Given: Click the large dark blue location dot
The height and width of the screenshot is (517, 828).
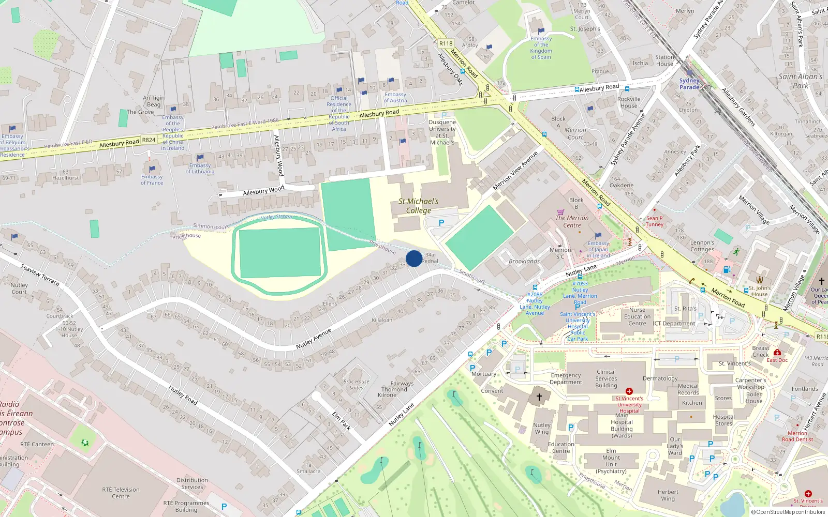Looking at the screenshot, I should pyautogui.click(x=414, y=258).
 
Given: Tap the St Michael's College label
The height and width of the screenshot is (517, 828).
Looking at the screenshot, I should pyautogui.click(x=419, y=206).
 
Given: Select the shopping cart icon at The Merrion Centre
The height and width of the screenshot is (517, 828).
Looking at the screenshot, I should pyautogui.click(x=560, y=211).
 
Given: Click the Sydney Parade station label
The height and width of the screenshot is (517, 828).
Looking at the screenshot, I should pyautogui.click(x=689, y=84).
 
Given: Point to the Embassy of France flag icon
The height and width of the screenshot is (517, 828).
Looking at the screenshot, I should pyautogui.click(x=152, y=169).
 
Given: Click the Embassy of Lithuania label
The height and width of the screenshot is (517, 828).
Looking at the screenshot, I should pyautogui.click(x=200, y=169).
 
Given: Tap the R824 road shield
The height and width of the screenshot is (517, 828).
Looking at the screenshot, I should pyautogui.click(x=149, y=140).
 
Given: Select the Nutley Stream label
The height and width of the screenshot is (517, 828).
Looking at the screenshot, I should pyautogui.click(x=276, y=217).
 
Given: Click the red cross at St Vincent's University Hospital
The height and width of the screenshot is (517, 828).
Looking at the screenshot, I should pyautogui.click(x=629, y=391).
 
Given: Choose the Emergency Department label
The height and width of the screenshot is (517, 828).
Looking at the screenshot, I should pyautogui.click(x=566, y=378).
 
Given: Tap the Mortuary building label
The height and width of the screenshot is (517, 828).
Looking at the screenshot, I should pyautogui.click(x=484, y=374).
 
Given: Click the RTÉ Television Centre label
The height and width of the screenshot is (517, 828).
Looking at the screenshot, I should pyautogui.click(x=121, y=493).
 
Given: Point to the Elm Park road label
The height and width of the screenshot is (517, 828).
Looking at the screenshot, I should pyautogui.click(x=342, y=420).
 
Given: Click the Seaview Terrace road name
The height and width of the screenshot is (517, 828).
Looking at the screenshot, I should pyautogui.click(x=40, y=274).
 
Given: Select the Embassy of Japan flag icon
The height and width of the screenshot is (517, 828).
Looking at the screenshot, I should pyautogui.click(x=598, y=236).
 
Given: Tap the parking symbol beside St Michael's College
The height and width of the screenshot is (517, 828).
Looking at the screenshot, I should pyautogui.click(x=441, y=223).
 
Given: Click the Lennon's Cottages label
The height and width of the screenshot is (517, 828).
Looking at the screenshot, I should pyautogui.click(x=702, y=246).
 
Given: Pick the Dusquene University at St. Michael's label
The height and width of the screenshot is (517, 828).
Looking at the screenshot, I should pyautogui.click(x=442, y=132).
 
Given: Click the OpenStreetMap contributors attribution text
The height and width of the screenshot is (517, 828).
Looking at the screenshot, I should pyautogui.click(x=788, y=512).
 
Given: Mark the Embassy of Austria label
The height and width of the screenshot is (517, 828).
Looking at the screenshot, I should pyautogui.click(x=395, y=97).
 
